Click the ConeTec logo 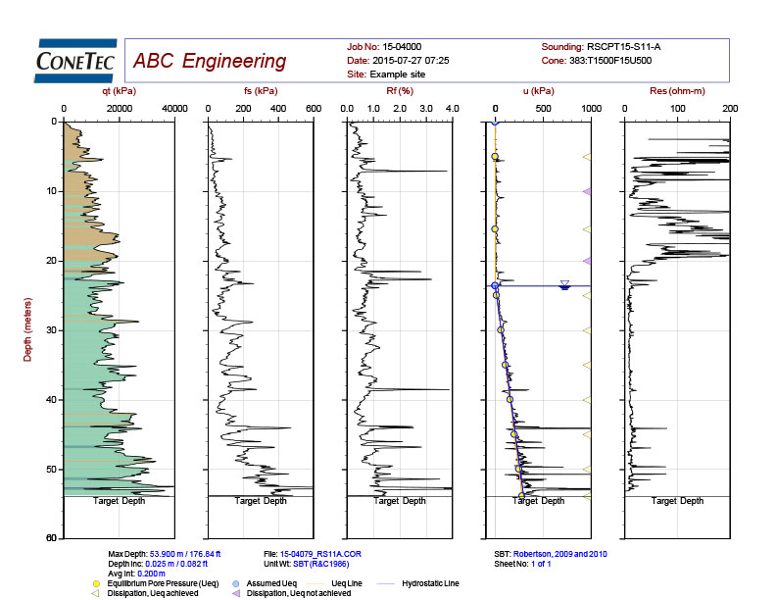(x=74, y=61)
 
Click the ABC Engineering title (x=210, y=62)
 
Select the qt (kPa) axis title (x=120, y=92)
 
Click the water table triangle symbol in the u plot (x=564, y=285)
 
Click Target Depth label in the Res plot (x=678, y=501)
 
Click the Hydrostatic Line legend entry (x=430, y=583)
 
